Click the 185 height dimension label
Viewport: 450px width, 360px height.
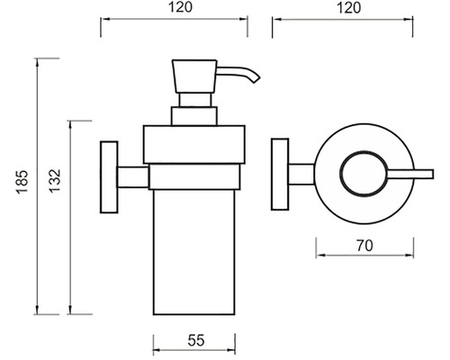(22, 182)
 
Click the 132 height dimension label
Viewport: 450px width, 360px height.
(55, 181)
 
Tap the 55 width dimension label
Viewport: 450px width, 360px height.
(196, 340)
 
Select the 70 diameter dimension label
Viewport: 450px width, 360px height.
(364, 246)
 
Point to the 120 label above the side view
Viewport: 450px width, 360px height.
(180, 7)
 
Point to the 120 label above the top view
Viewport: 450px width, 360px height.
(349, 8)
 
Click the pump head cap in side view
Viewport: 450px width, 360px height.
(194, 76)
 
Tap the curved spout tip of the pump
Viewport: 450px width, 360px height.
(256, 79)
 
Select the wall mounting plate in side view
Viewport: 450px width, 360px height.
(109, 177)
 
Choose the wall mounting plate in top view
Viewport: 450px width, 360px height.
(280, 174)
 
